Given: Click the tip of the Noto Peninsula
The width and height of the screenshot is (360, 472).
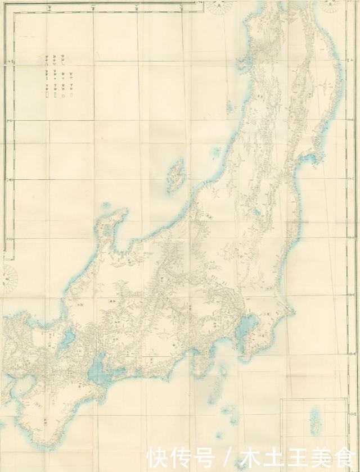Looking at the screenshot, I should (121, 214).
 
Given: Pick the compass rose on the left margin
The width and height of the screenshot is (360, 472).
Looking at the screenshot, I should (10, 275).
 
